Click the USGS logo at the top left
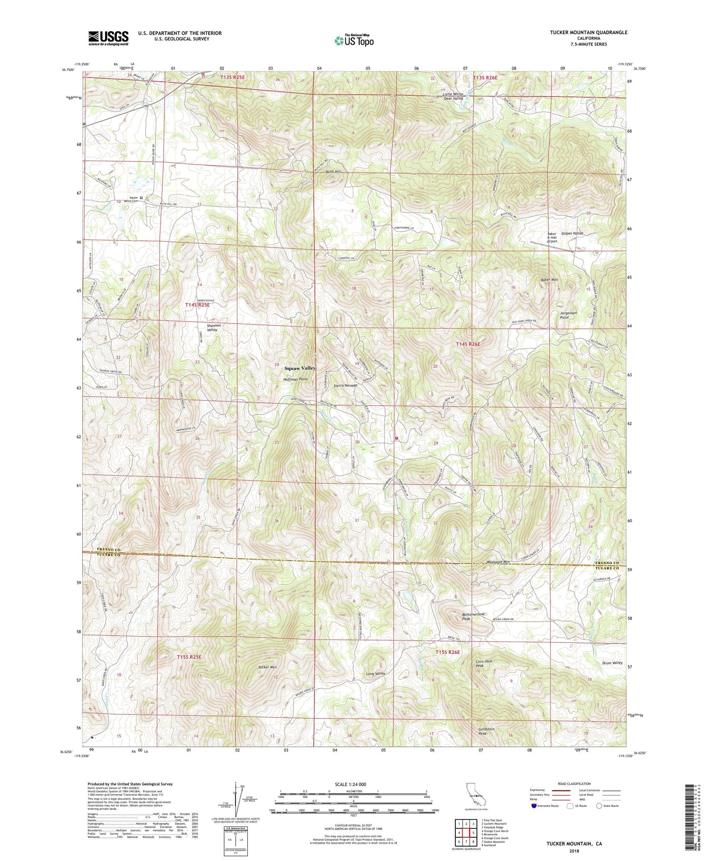[x=108, y=38]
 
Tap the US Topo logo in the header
[x=353, y=40]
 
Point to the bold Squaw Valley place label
[x=300, y=368]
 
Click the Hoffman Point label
[x=296, y=379]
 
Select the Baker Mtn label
[x=549, y=280]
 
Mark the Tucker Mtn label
[x=267, y=667]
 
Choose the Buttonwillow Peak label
[x=473, y=616]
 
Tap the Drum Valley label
[x=612, y=663]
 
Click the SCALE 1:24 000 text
[x=349, y=785]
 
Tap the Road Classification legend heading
[x=574, y=784]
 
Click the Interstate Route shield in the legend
[x=535, y=806]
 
